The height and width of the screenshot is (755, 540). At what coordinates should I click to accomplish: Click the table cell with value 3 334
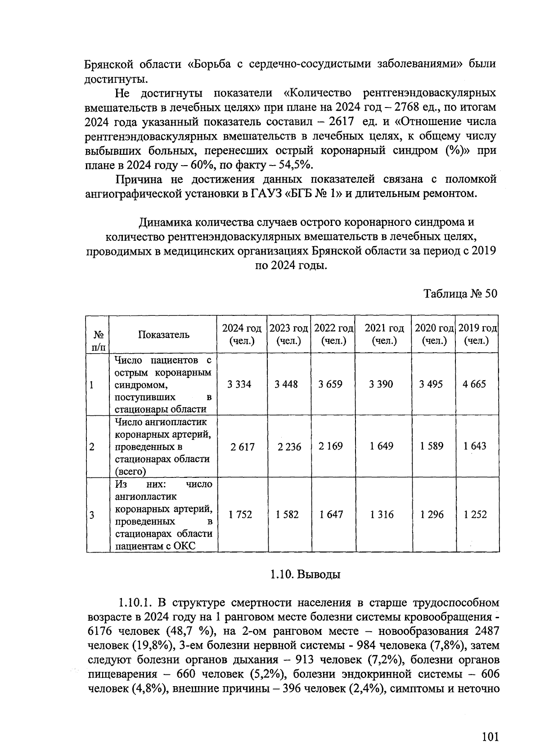point(239,384)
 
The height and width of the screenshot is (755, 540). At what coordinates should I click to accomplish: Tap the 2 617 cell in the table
point(242,447)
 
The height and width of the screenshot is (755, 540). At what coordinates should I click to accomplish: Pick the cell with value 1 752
point(240,514)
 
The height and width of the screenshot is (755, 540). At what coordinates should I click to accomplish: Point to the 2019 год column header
point(477,334)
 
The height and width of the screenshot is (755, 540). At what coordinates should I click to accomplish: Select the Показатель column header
point(163,334)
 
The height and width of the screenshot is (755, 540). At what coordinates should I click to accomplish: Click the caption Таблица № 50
point(460,294)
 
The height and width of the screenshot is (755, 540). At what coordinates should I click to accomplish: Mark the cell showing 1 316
point(382,514)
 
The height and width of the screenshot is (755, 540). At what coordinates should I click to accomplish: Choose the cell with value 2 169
point(330,446)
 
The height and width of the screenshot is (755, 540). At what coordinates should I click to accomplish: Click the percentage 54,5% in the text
point(294,165)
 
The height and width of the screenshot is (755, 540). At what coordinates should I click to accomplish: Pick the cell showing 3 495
point(431,384)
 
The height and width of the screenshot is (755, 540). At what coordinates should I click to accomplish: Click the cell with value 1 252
point(475,514)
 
